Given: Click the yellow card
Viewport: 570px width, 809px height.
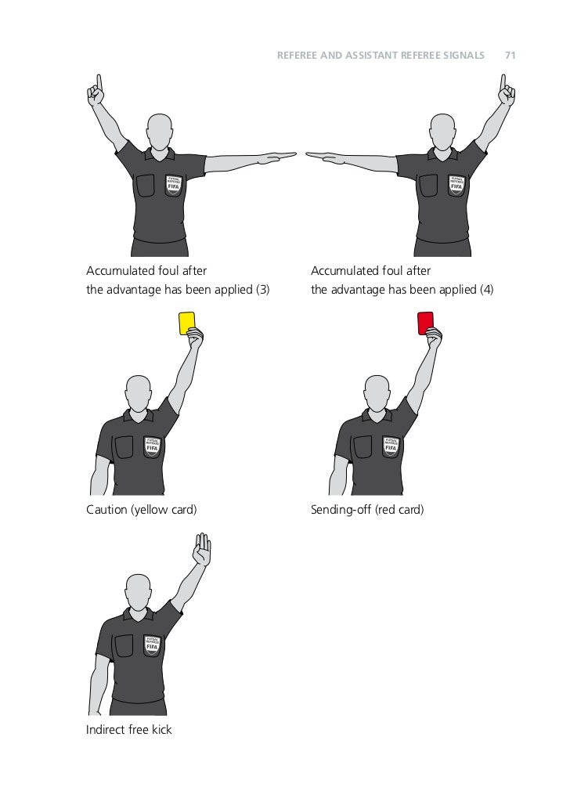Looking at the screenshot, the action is coord(186,323).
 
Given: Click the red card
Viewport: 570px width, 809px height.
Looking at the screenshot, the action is coord(425,323).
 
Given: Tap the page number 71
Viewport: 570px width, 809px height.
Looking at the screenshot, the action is coord(510,56).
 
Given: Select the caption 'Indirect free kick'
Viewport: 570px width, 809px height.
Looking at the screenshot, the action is coord(128,730).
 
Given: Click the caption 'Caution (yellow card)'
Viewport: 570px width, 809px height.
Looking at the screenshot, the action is coord(141,510).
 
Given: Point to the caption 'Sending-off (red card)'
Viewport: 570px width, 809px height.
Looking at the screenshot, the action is coord(367,510).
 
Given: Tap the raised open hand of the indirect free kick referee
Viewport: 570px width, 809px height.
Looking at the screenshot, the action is coord(203,549).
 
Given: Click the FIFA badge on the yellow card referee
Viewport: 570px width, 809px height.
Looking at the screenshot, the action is coord(152,446).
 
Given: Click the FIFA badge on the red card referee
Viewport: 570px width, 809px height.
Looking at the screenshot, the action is coord(391,446).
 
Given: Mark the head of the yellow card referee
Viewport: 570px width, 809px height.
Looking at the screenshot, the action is coord(139,392).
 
